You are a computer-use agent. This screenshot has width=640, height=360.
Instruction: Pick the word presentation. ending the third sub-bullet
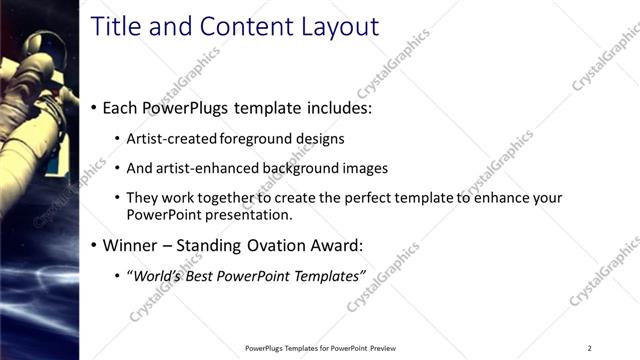point(250,214)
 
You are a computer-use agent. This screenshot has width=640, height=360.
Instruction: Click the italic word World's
point(160,275)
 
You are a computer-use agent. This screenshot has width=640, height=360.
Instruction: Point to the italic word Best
point(208,275)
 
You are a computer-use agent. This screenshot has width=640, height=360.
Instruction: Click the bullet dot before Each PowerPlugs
point(93,107)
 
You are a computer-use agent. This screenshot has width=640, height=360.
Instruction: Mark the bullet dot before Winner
point(93,245)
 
